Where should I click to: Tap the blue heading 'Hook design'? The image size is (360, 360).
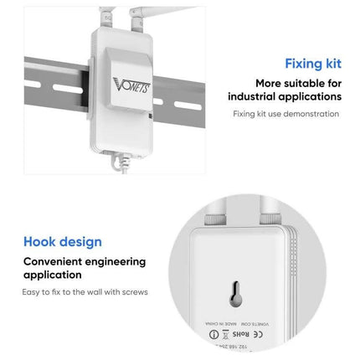tap(63, 241)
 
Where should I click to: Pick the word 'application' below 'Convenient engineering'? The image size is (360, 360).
tap(52, 274)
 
